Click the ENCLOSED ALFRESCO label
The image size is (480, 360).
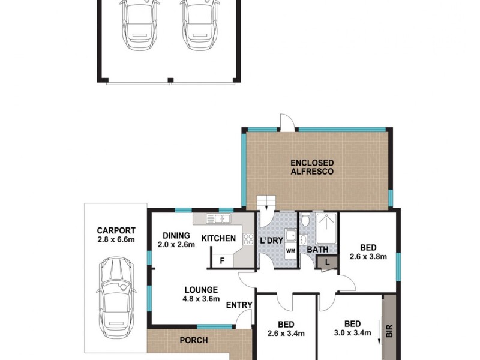312,167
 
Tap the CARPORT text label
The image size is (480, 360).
116,230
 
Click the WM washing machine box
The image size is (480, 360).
290,250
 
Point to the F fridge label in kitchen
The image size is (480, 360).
223,261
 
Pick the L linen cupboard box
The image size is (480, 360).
326,262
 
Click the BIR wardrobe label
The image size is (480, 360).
389,330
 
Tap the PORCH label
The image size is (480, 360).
193,340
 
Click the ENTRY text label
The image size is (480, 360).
238,305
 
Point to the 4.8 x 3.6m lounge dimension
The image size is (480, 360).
201,298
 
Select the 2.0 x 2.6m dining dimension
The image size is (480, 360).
176,244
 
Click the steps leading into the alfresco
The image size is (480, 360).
265,203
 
